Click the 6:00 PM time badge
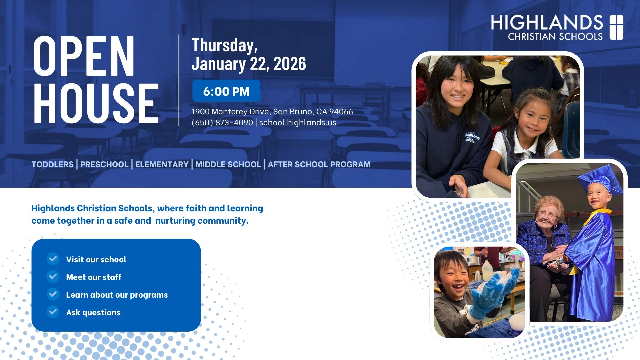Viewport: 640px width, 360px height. [226, 91]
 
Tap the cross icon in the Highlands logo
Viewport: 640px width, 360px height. [616, 27]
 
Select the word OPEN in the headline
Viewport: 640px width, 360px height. [84, 56]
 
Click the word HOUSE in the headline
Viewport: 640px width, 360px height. [96, 103]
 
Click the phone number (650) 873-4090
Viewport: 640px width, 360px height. [222, 123]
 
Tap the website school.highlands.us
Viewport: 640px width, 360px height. [297, 123]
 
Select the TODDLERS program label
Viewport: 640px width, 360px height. [53, 164]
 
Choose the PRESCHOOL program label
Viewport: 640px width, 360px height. [104, 164]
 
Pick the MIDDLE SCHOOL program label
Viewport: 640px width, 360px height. [228, 164]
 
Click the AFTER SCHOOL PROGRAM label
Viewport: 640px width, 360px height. [319, 164]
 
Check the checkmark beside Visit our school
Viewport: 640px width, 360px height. [53, 259]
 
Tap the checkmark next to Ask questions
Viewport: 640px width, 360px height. [53, 312]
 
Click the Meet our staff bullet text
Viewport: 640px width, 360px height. [94, 277]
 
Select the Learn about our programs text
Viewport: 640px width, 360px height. [117, 295]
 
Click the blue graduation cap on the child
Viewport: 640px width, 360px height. [600, 180]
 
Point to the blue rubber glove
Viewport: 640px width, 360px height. [493, 293]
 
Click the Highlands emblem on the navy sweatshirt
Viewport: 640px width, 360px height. [472, 137]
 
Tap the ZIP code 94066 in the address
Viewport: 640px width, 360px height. [341, 111]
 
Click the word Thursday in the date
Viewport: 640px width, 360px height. [224, 45]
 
